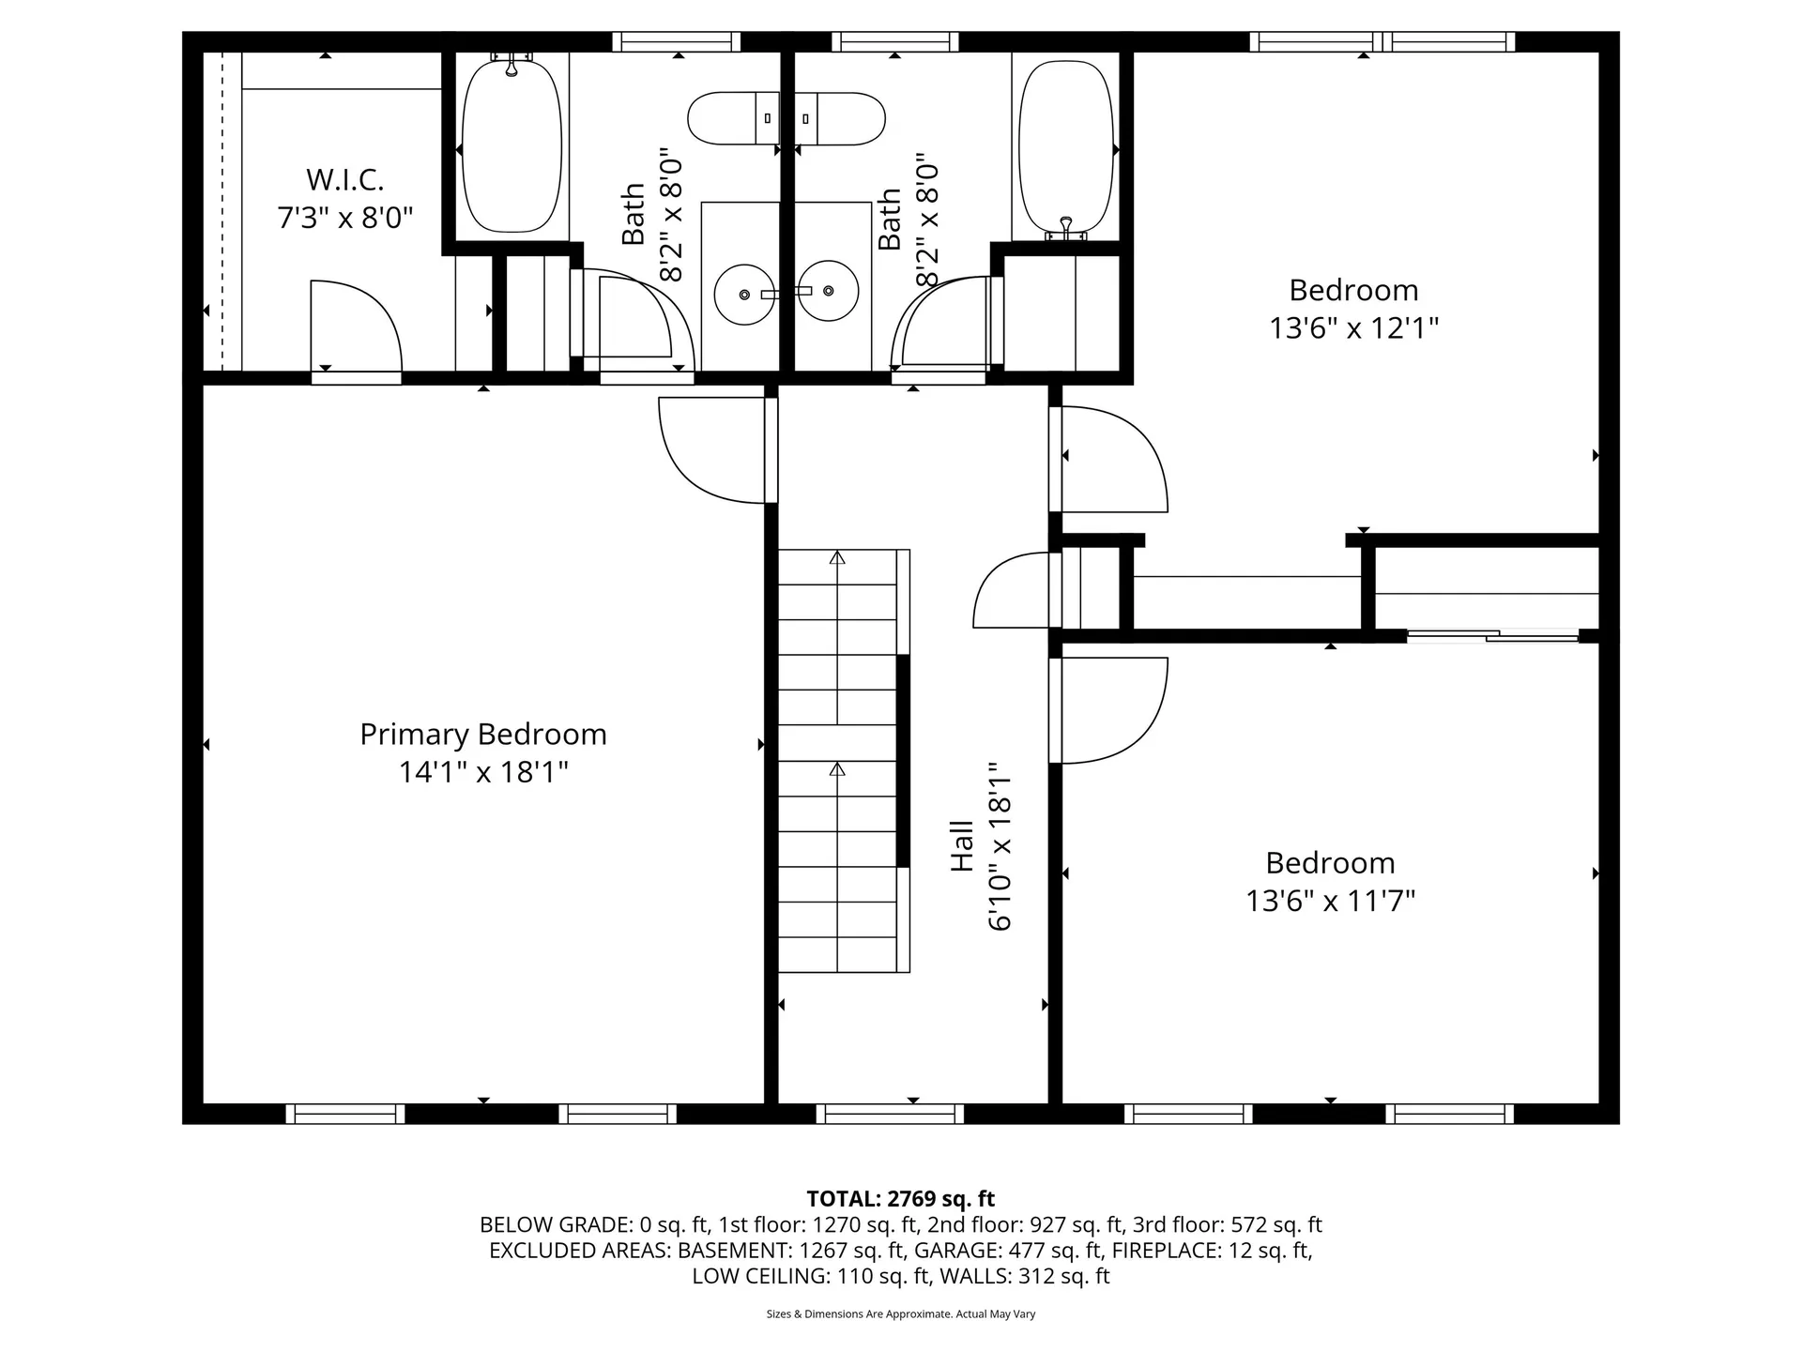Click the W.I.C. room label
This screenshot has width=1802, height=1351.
pos(344,179)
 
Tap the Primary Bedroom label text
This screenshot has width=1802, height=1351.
pos(482,734)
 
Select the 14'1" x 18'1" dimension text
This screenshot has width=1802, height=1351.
pos(482,772)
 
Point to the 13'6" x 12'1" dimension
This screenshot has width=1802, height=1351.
pos(1353,328)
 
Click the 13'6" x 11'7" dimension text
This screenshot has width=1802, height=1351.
pos(1330,901)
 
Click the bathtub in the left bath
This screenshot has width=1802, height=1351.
pos(512,147)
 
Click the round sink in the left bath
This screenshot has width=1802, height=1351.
pos(744,294)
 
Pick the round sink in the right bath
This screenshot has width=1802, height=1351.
pos(830,291)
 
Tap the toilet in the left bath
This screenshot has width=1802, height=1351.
pos(733,118)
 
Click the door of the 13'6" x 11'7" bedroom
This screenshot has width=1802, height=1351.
pos(1112,709)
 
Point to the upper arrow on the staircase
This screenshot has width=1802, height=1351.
pos(837,558)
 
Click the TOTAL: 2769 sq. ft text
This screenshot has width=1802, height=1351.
pos(900,1198)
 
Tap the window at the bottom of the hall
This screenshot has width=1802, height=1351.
pos(890,1114)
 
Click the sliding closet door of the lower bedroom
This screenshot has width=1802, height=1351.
pos(1492,637)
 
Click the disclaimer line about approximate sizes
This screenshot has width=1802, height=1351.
pos(900,1314)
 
